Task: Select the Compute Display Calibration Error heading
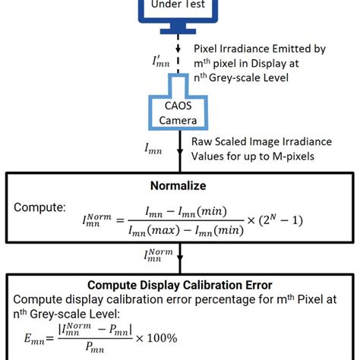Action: [x=180, y=286]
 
